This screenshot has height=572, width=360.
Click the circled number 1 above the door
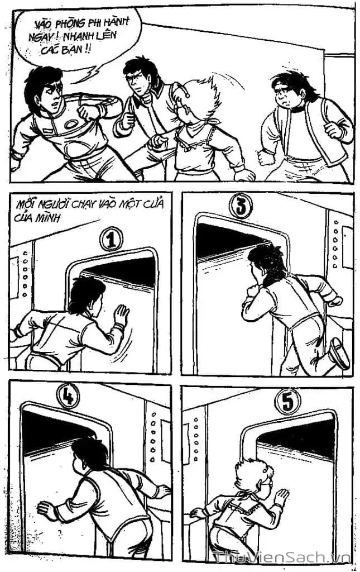[111, 241]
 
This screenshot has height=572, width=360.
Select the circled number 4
[68, 396]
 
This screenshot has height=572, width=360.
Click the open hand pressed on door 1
[121, 316]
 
